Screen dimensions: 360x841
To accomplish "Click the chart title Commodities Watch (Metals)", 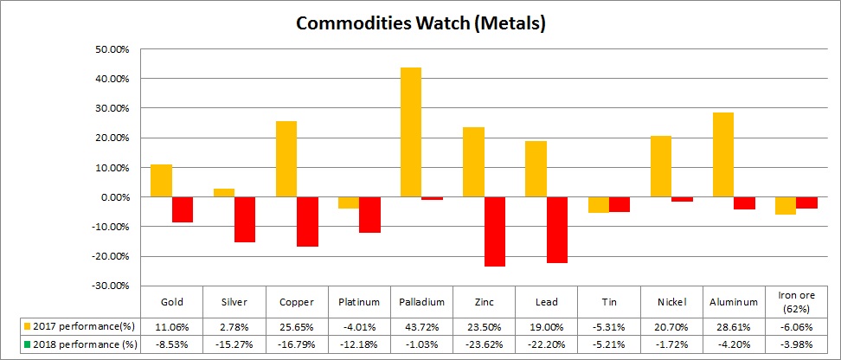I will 420,23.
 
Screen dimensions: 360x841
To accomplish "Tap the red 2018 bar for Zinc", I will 494,231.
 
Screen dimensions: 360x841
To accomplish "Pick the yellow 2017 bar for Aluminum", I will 722,154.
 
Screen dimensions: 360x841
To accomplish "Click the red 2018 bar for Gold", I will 183,209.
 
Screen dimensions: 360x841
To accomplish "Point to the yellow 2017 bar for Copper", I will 286,158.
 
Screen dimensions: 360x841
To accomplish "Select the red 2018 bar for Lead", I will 556,229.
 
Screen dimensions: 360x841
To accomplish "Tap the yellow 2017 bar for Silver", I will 223,192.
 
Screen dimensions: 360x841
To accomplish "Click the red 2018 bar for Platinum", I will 369,215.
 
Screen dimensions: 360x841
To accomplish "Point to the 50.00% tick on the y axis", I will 111,49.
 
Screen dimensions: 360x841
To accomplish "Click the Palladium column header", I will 422,302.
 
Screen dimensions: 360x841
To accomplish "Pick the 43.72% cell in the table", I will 422,327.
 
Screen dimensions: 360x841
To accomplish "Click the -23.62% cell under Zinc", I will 485,344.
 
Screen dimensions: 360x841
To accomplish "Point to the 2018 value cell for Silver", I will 235,344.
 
